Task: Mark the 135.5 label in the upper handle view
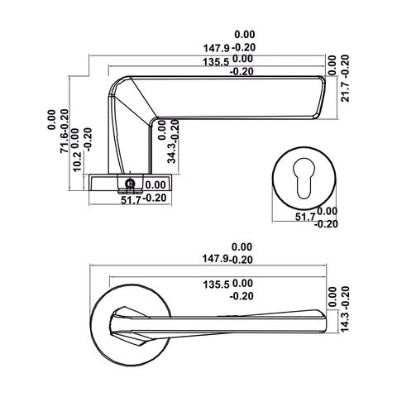point(211,60)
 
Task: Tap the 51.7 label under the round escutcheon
point(305,216)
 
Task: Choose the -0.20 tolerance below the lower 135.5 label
point(241,295)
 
